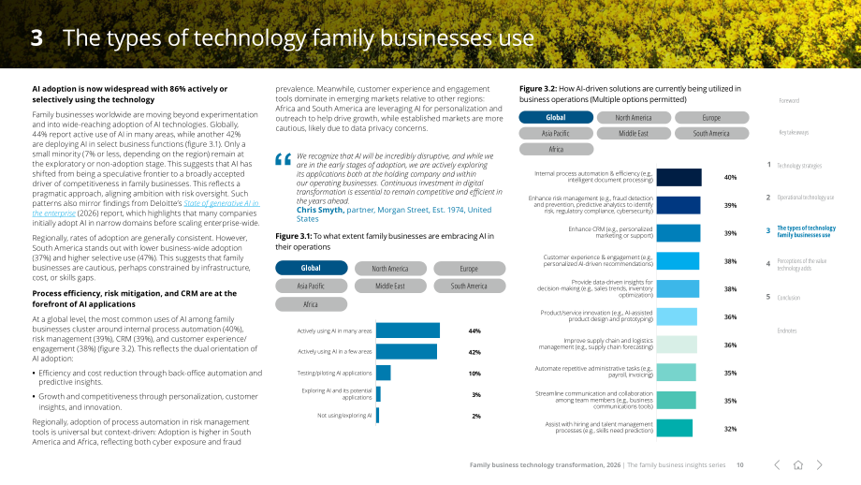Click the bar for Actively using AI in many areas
coord(408,331)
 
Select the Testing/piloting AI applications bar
coord(384,373)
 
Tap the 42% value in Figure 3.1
coord(474,352)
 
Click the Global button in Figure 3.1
coord(312,268)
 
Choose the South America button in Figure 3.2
coord(711,134)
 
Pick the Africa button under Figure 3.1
coord(312,304)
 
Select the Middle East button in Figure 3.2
coord(634,134)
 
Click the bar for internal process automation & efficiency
coord(679,177)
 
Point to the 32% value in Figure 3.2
coord(730,429)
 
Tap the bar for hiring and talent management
coord(675,428)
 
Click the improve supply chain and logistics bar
coord(677,345)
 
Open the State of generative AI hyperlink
coord(145,208)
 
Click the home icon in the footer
coord(798,465)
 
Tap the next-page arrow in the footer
coord(819,465)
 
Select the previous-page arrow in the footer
coord(777,465)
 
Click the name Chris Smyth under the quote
coord(320,210)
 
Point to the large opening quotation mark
coord(284,159)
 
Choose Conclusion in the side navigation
coord(789,298)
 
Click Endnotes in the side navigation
coord(787,331)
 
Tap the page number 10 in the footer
coord(740,465)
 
